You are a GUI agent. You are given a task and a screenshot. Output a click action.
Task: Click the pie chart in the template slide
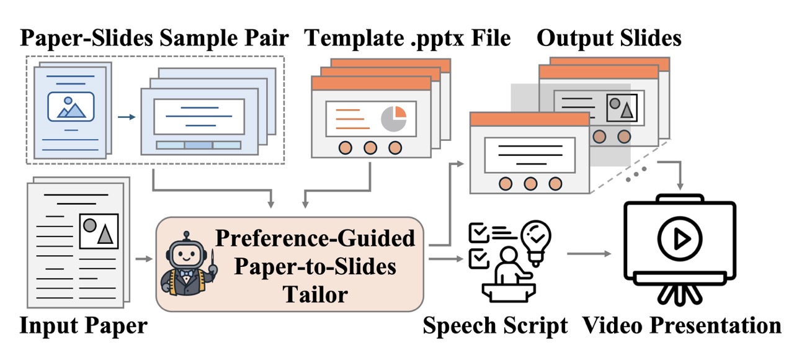[x=394, y=117]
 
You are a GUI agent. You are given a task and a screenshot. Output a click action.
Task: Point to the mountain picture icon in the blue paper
[x=71, y=107]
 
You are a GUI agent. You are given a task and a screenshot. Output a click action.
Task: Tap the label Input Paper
[x=84, y=326]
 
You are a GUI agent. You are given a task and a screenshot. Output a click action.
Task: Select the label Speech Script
[x=495, y=326]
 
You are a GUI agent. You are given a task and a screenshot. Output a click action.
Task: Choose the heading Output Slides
[x=609, y=38]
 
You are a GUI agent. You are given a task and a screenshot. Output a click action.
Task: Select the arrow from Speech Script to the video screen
[x=589, y=254]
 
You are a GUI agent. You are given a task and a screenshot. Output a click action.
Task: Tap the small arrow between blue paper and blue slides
[x=125, y=116]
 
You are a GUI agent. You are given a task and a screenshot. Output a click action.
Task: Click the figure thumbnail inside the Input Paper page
[x=99, y=231]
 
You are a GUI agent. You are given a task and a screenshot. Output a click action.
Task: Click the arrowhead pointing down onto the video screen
[x=680, y=187]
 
